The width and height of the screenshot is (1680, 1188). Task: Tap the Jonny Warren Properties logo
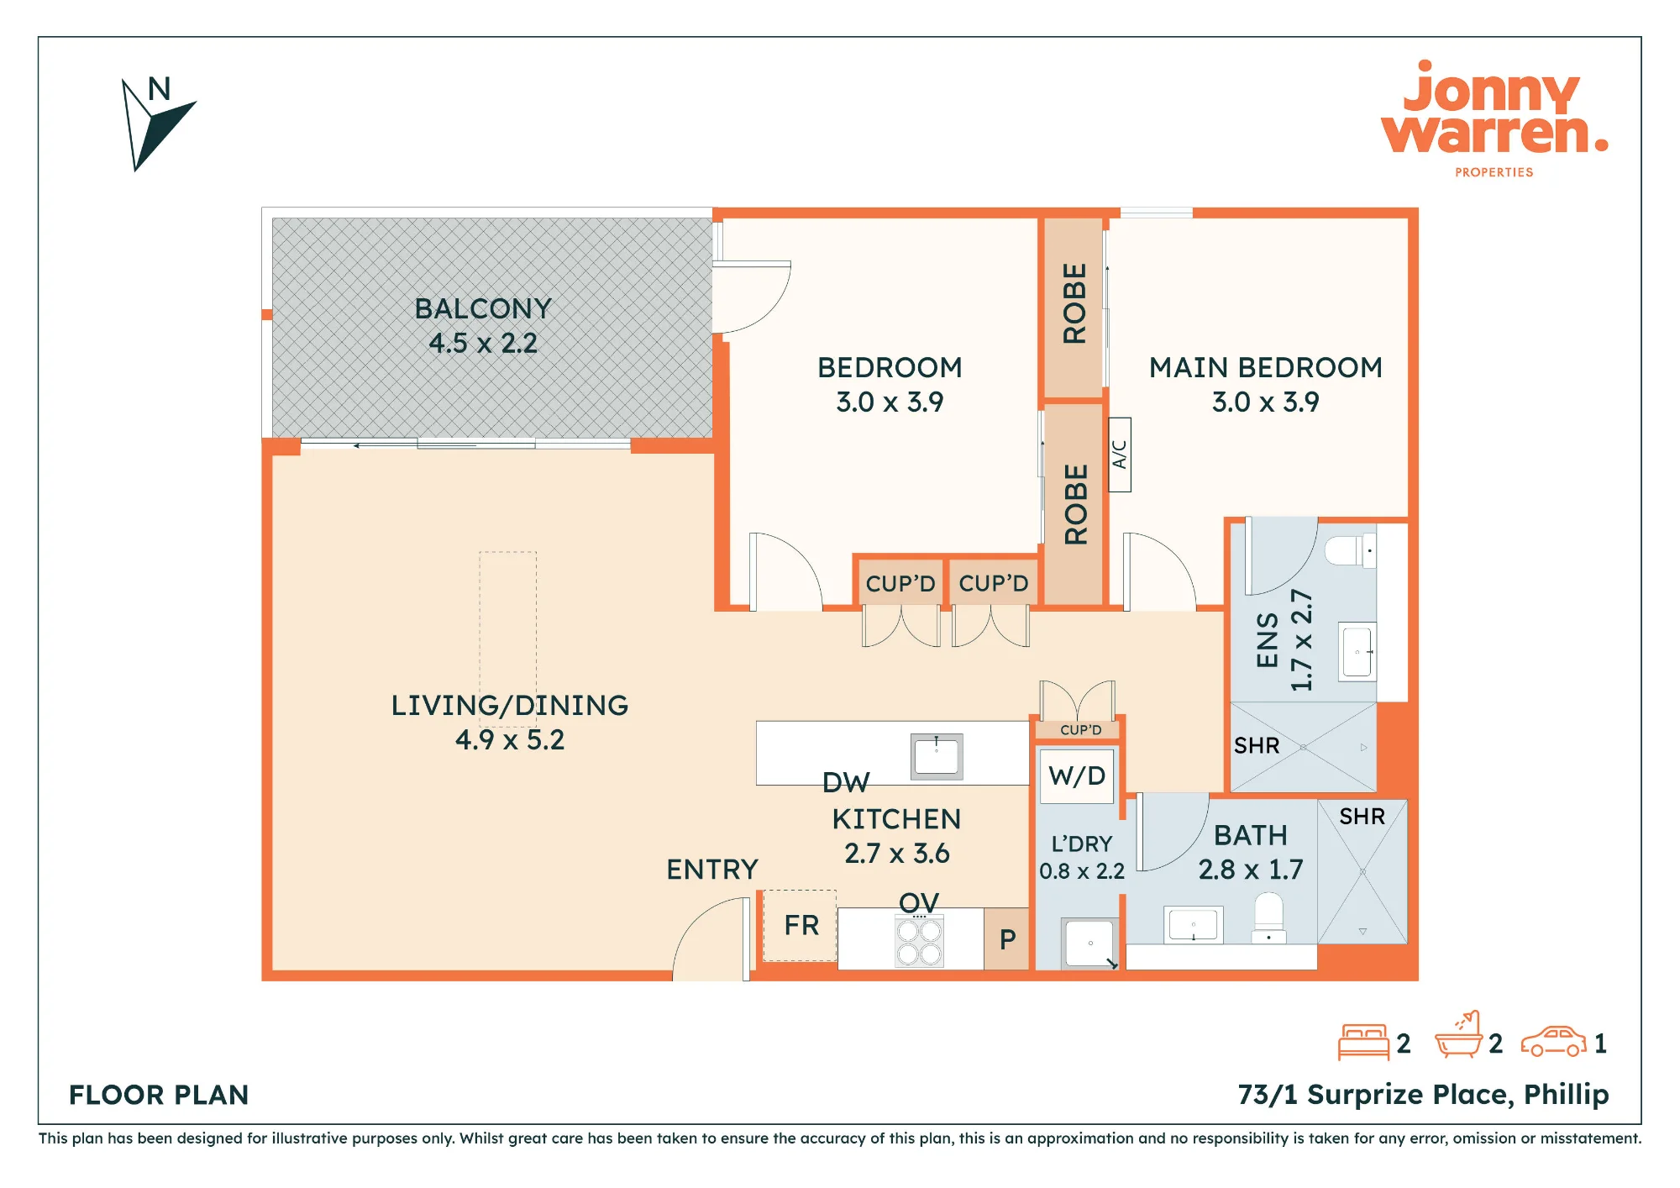pyautogui.click(x=1494, y=118)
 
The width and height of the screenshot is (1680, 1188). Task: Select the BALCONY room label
pyautogui.click(x=483, y=308)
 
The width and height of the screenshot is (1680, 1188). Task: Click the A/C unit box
pyautogui.click(x=1120, y=455)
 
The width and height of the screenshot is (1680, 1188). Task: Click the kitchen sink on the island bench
pyautogui.click(x=937, y=756)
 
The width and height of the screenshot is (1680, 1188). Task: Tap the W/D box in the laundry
pyautogui.click(x=1077, y=775)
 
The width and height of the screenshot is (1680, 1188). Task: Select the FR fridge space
pyautogui.click(x=800, y=925)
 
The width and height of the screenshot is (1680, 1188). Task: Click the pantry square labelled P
pyautogui.click(x=1006, y=938)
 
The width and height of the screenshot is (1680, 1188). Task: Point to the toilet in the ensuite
pyautogui.click(x=1351, y=551)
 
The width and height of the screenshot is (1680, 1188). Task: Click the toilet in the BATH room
pyautogui.click(x=1268, y=917)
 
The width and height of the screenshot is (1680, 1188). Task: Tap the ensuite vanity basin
pyautogui.click(x=1358, y=651)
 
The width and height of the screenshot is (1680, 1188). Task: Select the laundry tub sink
pyautogui.click(x=1090, y=944)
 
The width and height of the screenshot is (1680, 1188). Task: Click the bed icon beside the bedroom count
pyautogui.click(x=1363, y=1042)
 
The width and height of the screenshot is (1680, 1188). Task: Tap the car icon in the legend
pyautogui.click(x=1553, y=1042)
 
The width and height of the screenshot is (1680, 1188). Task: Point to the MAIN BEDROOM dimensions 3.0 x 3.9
pyautogui.click(x=1265, y=402)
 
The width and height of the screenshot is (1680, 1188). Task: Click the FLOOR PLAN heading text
pyautogui.click(x=159, y=1095)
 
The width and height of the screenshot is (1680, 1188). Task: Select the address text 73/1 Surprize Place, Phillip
pyautogui.click(x=1423, y=1095)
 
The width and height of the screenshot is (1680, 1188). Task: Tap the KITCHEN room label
pyautogui.click(x=896, y=819)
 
